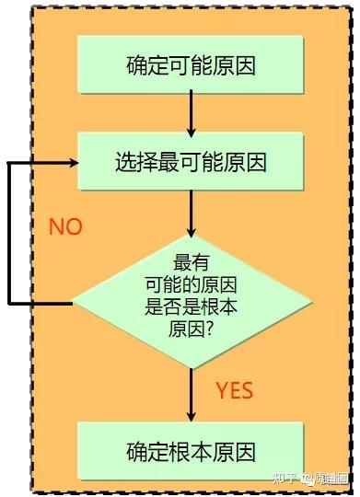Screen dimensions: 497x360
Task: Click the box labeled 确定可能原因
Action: point(191,64)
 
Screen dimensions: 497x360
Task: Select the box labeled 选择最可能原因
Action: point(191,164)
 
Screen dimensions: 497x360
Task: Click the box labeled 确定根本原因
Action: point(191,451)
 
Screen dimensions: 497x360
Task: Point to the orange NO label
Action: point(65,227)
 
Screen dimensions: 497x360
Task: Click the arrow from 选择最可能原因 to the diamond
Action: point(191,215)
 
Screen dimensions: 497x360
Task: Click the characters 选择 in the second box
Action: point(133,164)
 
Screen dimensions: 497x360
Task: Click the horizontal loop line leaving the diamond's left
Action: point(41,302)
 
